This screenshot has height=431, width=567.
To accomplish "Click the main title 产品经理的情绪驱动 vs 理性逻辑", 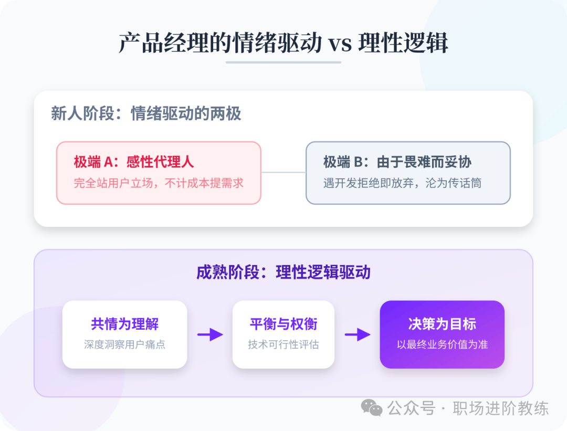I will (x=283, y=43).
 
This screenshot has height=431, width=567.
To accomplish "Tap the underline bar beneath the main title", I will (x=283, y=62).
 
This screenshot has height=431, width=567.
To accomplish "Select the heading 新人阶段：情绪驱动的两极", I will (x=146, y=113).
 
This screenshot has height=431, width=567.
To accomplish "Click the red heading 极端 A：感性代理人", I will (x=134, y=162).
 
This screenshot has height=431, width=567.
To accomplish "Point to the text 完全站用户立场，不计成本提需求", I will (x=159, y=183).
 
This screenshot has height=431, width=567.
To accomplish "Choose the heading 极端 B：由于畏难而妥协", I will (x=397, y=162).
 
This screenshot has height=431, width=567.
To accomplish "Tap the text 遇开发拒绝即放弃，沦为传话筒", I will (x=402, y=183).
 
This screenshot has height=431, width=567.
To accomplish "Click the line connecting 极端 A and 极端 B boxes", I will (x=283, y=172).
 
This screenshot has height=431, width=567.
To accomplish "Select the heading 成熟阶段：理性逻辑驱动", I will (x=283, y=272).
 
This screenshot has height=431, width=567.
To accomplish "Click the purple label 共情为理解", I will (x=124, y=324).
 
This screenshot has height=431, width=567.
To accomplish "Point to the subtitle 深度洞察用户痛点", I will (x=124, y=345).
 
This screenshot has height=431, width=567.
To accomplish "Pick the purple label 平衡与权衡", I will (x=283, y=324).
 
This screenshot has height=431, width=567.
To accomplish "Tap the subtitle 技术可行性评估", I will (x=283, y=345).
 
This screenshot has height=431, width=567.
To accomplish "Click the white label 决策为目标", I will (x=442, y=324).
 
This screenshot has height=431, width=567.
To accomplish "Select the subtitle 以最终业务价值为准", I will (x=442, y=345).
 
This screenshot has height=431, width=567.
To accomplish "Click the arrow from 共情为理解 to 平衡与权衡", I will (x=210, y=334).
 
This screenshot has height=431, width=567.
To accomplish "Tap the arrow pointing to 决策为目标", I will (x=358, y=334).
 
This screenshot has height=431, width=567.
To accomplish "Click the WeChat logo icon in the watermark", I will (x=372, y=408).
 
